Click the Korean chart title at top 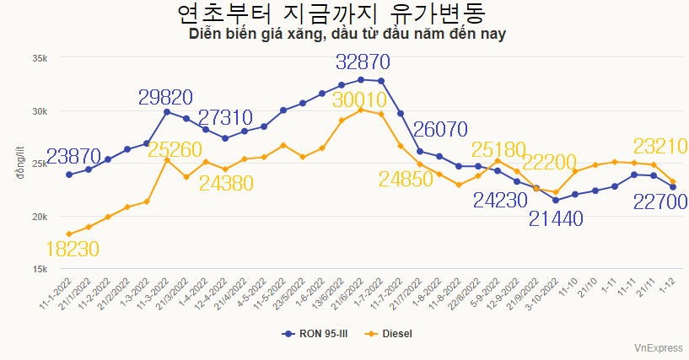click(x=344, y=14)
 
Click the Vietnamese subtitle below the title click(x=347, y=35)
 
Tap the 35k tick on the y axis click(x=40, y=58)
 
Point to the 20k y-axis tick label click(x=40, y=217)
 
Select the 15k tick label click(x=40, y=269)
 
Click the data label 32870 click(x=363, y=62)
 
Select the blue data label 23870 click(x=73, y=156)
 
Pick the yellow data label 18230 click(x=73, y=249)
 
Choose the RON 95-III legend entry click(x=315, y=334)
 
